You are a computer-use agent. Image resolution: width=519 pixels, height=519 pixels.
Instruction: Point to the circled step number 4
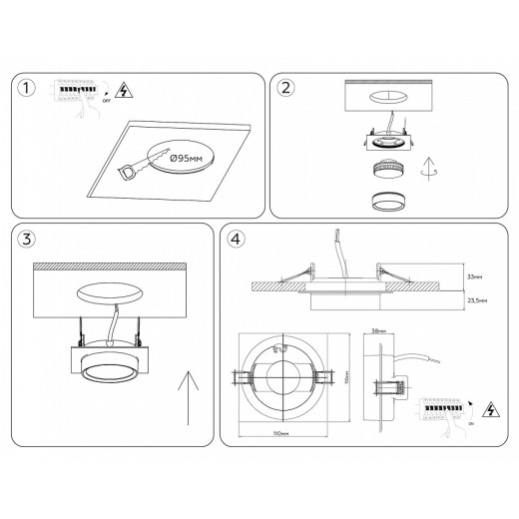(x=236, y=239)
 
